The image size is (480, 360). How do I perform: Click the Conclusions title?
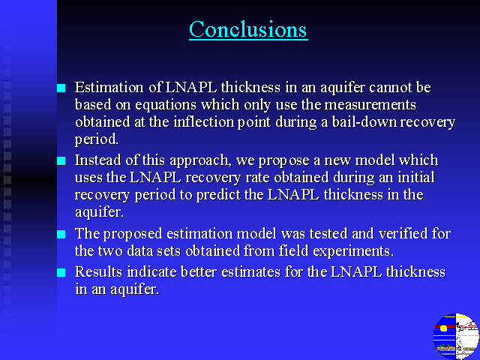(248, 29)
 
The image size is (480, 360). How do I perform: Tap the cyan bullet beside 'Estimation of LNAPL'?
(61, 88)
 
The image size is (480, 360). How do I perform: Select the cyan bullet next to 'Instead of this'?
(61, 161)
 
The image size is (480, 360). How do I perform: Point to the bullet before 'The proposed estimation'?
(61, 235)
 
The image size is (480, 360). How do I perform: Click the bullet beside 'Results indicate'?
(61, 272)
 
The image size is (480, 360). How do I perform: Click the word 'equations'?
(166, 106)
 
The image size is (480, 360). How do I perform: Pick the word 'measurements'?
(370, 105)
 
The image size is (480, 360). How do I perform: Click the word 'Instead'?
(95, 160)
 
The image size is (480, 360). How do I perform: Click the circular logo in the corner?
(456, 337)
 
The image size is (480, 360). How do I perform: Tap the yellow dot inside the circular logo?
(443, 328)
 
